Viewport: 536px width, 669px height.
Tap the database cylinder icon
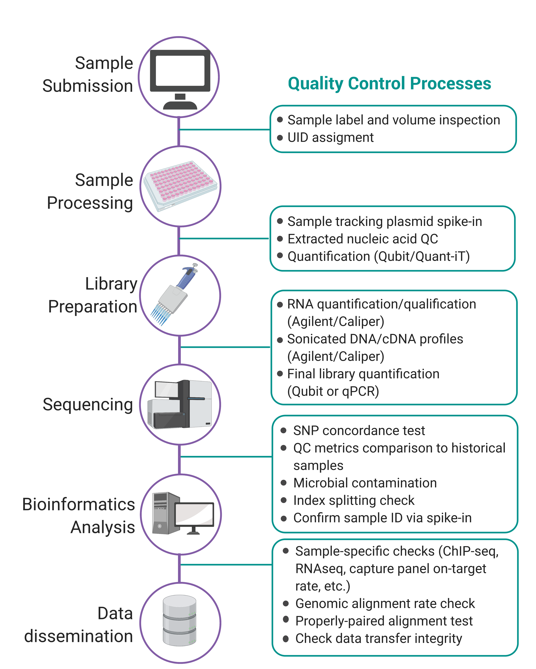179,621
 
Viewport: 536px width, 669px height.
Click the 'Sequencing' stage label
88,405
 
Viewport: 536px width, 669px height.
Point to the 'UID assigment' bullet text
331,137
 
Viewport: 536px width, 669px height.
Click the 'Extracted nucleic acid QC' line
363,239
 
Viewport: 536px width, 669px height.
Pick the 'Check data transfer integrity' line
379,639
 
